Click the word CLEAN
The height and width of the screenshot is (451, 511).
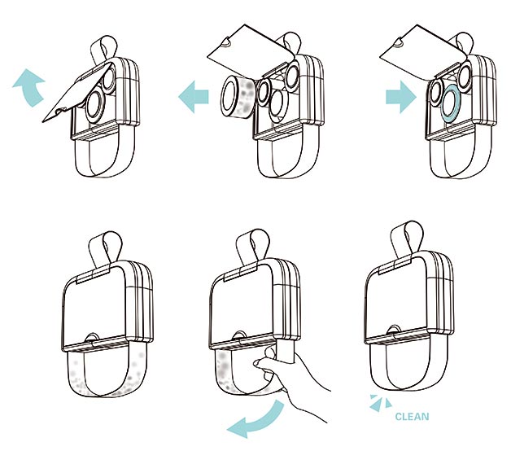click(412, 417)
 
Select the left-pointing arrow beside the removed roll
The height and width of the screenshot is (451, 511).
click(194, 97)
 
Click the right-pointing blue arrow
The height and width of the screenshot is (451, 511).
click(401, 97)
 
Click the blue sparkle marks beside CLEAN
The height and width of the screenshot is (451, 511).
click(380, 403)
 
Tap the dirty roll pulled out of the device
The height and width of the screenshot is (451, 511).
click(238, 95)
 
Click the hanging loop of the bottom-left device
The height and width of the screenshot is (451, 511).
click(105, 248)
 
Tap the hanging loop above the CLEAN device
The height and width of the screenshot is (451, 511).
click(408, 238)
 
